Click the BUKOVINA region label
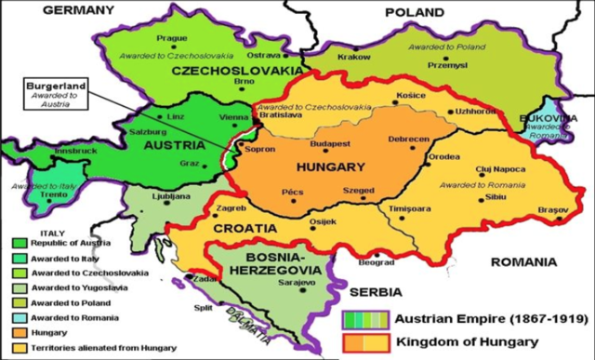pos(567,119)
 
